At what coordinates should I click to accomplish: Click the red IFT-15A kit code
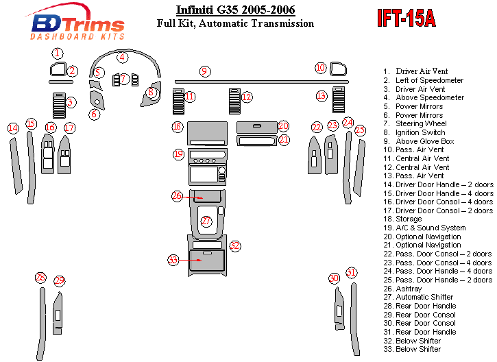(406, 19)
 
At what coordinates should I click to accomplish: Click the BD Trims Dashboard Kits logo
(77, 25)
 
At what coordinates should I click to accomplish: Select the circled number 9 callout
(204, 71)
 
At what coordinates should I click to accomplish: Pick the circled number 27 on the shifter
(206, 221)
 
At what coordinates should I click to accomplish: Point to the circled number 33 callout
(173, 260)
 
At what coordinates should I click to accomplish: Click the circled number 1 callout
(58, 53)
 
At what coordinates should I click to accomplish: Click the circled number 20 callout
(283, 126)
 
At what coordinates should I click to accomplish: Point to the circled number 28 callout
(40, 278)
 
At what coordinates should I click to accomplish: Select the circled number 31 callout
(351, 273)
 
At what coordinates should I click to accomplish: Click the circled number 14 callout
(13, 128)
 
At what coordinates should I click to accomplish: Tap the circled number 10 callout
(320, 67)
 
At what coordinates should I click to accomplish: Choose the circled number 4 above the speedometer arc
(122, 58)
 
